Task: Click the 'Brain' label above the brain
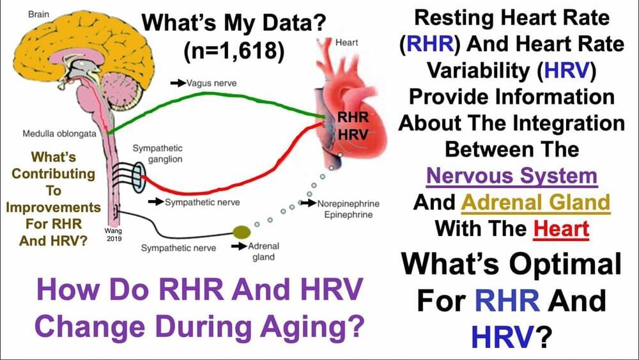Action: coord(39,14)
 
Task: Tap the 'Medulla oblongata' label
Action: coord(59,134)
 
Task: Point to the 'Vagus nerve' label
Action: coord(212,83)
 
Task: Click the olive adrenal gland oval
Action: coord(242,232)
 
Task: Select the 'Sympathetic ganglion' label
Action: coord(158,153)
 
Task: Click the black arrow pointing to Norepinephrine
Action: coord(308,203)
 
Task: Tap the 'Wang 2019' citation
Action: coord(114,235)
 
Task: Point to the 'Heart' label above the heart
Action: coord(346,42)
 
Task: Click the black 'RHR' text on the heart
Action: coord(353,118)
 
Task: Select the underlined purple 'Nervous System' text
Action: coord(512,176)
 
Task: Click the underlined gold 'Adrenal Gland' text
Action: coord(535,203)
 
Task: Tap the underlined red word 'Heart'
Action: coord(561,229)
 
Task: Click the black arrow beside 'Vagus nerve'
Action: coord(178,83)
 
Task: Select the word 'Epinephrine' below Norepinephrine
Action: coord(348,214)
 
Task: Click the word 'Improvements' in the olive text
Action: coord(54,208)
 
